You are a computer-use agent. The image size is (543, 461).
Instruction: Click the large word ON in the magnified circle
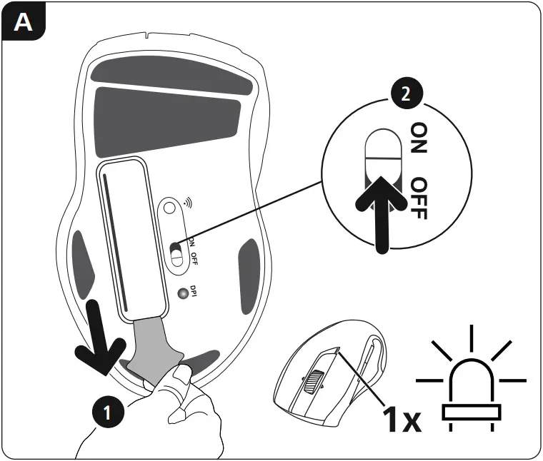(x=419, y=137)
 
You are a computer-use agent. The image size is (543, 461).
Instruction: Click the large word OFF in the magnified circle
(x=419, y=198)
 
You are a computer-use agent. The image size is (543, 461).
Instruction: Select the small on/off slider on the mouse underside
(x=176, y=253)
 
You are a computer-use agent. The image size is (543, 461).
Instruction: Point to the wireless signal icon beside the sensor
(x=187, y=202)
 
